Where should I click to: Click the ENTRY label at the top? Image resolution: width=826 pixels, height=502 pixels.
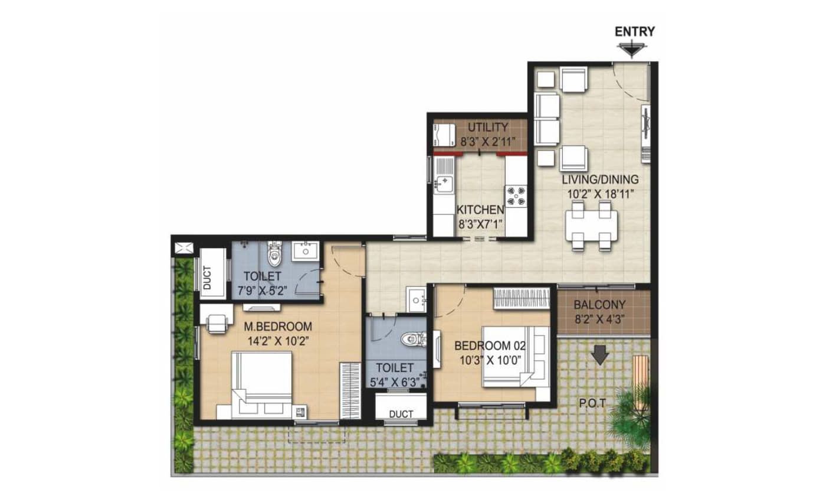(635, 32)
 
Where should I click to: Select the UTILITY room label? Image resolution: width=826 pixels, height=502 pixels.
(488, 128)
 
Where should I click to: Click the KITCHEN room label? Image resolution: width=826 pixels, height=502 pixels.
(480, 210)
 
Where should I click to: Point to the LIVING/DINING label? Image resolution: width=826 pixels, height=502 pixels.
(600, 179)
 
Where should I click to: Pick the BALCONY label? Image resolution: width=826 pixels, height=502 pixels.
(599, 305)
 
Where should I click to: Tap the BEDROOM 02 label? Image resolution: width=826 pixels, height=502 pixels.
(490, 346)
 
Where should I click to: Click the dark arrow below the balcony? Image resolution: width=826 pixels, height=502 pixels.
(601, 354)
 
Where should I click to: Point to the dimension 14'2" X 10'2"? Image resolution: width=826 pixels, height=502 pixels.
(280, 340)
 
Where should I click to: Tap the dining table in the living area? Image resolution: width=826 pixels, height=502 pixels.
(591, 225)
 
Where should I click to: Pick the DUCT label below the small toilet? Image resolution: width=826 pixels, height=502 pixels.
(401, 414)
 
